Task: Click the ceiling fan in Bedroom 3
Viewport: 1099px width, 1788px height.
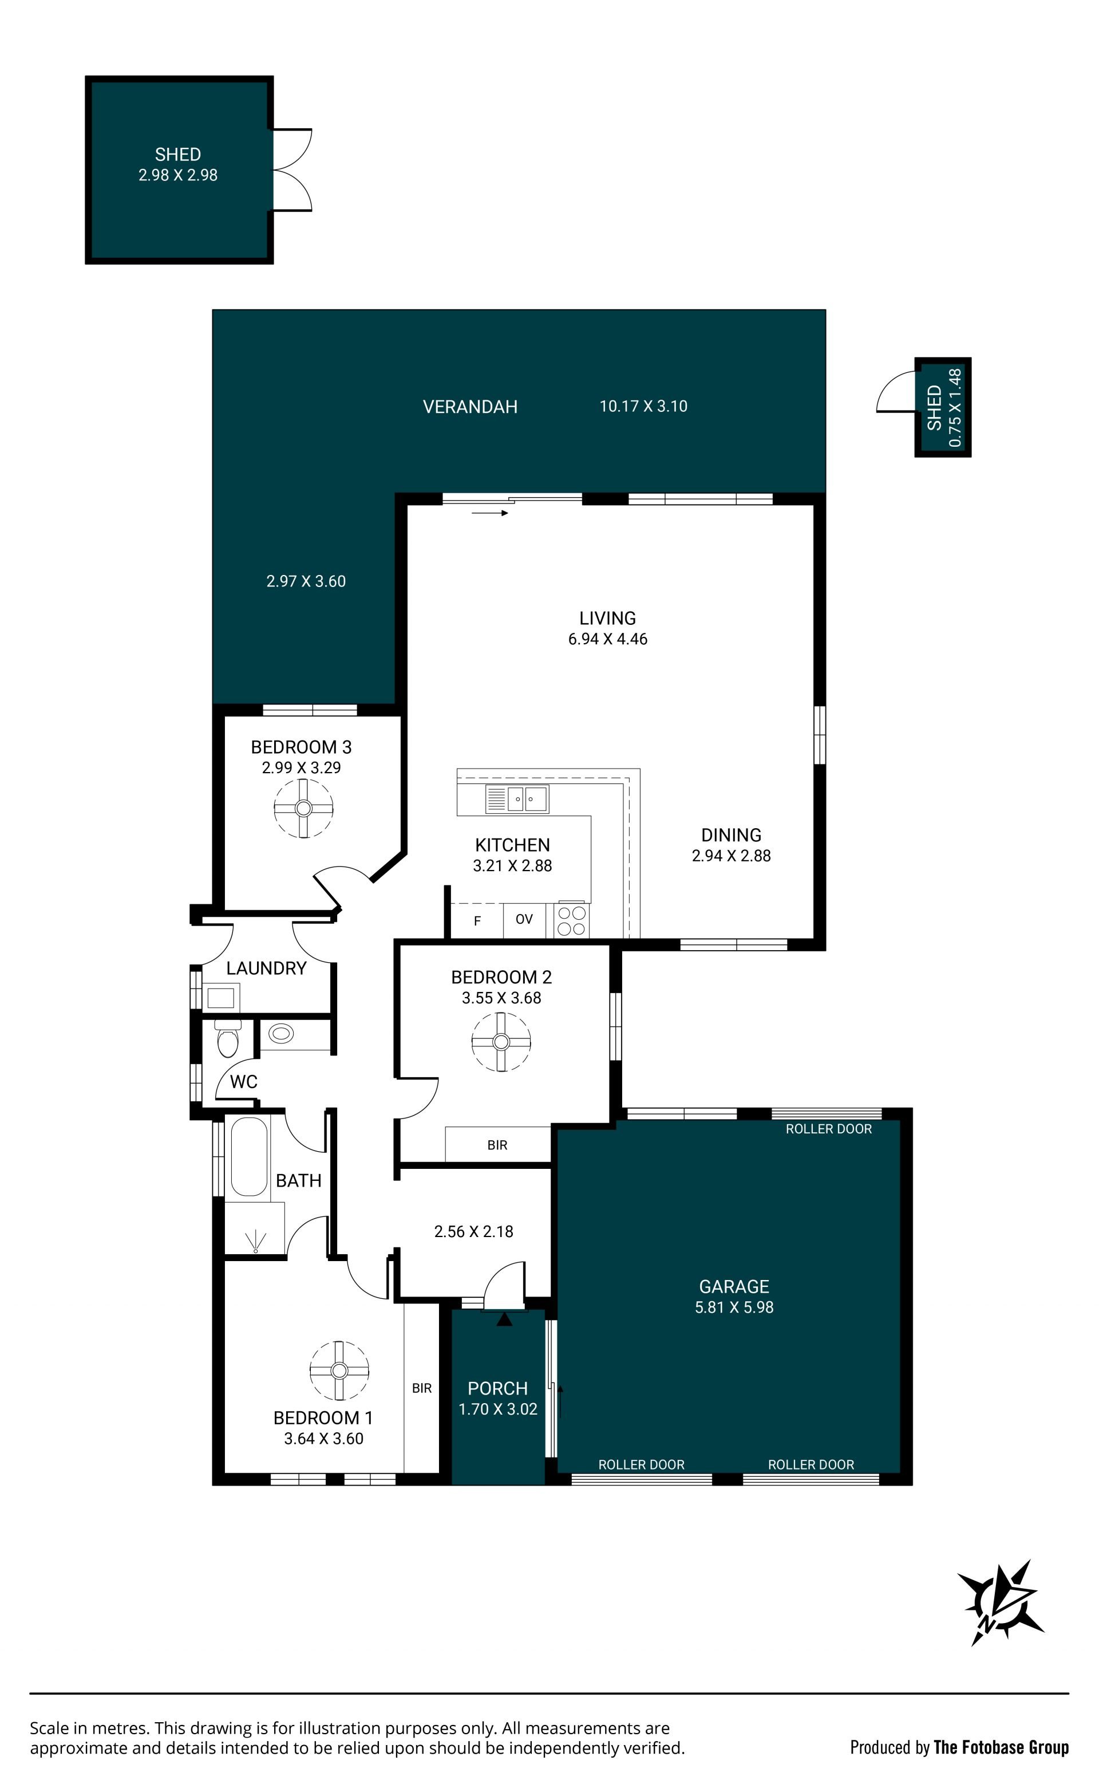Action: [303, 808]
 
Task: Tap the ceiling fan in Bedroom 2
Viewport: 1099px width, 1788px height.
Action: [501, 1042]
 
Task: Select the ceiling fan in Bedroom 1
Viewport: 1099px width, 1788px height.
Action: [339, 1370]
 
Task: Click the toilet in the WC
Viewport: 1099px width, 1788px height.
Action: [227, 1038]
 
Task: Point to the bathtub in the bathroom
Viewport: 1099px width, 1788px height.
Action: [248, 1156]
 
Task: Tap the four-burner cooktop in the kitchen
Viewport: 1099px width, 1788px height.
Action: [571, 920]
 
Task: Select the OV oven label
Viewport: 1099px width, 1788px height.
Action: [524, 919]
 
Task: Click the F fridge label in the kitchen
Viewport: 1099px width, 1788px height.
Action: [477, 921]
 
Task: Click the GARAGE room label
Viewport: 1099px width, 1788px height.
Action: [734, 1286]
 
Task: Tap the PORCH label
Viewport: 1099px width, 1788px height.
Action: [498, 1388]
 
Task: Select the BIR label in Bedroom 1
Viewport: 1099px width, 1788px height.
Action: [422, 1388]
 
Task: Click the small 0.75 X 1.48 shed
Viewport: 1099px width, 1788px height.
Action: [943, 407]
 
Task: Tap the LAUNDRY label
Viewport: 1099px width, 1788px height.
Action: [266, 968]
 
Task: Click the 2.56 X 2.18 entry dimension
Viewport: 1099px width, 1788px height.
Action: [474, 1231]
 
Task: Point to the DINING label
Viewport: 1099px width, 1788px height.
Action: [731, 835]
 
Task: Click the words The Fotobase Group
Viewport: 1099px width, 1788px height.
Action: [1001, 1747]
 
